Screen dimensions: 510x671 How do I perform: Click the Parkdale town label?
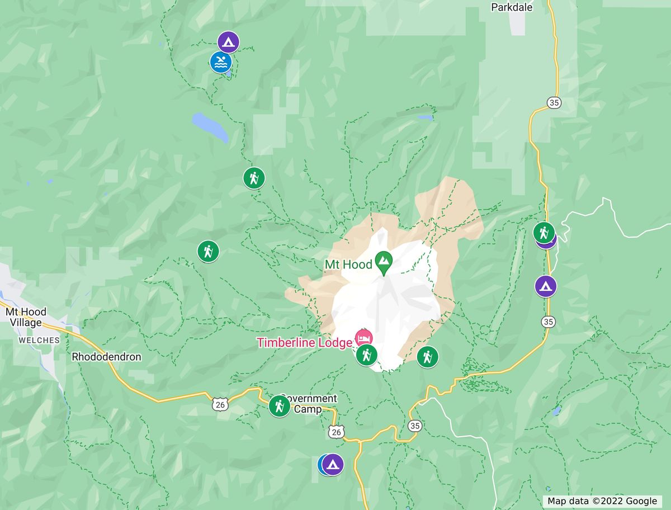click(512, 7)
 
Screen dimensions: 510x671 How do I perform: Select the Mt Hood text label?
click(349, 264)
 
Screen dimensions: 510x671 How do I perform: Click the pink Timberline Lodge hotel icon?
click(363, 338)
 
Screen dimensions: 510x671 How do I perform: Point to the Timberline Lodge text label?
click(304, 342)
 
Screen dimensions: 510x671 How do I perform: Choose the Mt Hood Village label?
click(26, 317)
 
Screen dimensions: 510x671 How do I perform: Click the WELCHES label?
click(39, 340)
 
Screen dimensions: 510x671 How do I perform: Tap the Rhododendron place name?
click(106, 357)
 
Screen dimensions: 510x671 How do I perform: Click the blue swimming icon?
click(221, 62)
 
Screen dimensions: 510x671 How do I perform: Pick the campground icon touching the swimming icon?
click(228, 41)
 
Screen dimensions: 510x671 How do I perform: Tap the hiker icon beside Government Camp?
click(279, 406)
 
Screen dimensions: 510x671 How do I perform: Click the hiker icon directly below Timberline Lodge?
click(367, 355)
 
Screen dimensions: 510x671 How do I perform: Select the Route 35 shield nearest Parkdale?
click(554, 102)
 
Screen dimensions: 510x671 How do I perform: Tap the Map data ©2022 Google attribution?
click(602, 501)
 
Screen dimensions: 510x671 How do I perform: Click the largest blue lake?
click(210, 127)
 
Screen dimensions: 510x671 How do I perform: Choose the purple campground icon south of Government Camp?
click(333, 464)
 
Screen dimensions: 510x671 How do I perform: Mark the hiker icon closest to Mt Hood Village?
click(208, 251)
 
